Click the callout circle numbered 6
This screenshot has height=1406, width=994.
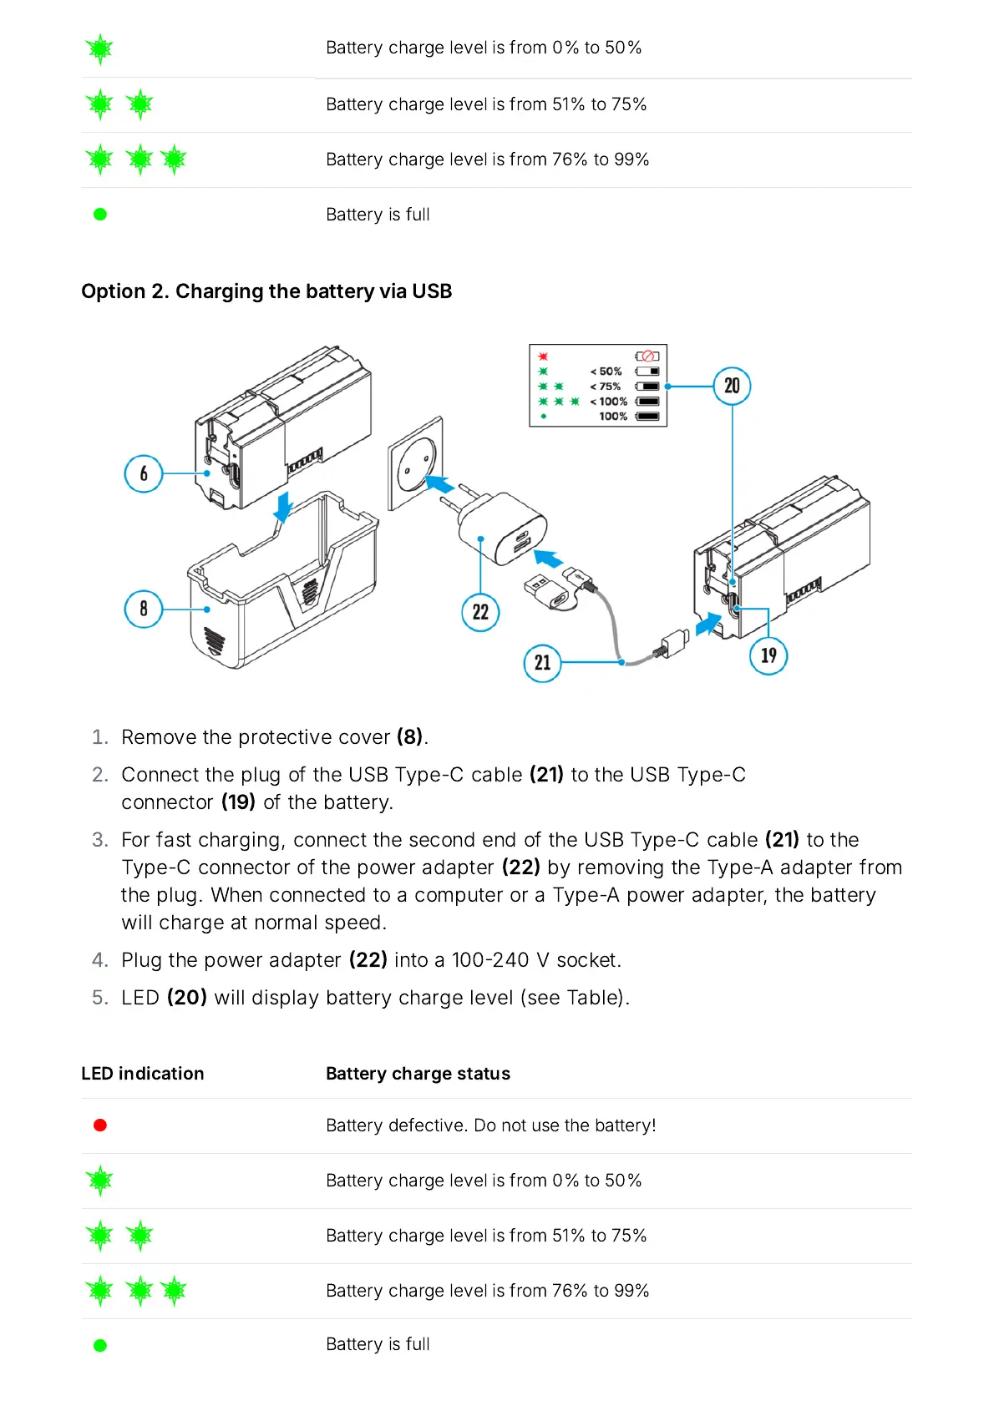pos(143,473)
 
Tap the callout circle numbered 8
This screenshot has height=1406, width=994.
pos(143,609)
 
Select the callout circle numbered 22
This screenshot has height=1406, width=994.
pos(480,612)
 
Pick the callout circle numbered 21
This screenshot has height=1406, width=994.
pos(542,663)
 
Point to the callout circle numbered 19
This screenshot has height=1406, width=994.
pos(768,655)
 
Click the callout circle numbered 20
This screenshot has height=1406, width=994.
pos(732,386)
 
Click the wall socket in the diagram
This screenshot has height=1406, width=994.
pos(415,463)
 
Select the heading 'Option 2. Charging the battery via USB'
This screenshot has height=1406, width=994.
pos(266,291)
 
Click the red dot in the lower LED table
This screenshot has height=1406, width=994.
pos(100,1125)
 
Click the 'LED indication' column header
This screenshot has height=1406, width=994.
pos(142,1074)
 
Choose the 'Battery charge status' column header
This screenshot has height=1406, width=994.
pos(418,1074)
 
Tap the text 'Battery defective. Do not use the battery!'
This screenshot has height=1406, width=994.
pos(490,1125)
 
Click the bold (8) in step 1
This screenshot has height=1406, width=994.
pos(409,737)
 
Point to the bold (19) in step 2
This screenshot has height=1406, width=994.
pos(238,802)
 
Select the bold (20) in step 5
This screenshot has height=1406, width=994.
pos(186,998)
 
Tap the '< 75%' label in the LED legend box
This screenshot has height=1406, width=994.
pos(606,387)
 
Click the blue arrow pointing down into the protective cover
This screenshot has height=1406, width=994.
pos(283,506)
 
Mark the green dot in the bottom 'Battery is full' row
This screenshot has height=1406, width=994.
pos(100,1345)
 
